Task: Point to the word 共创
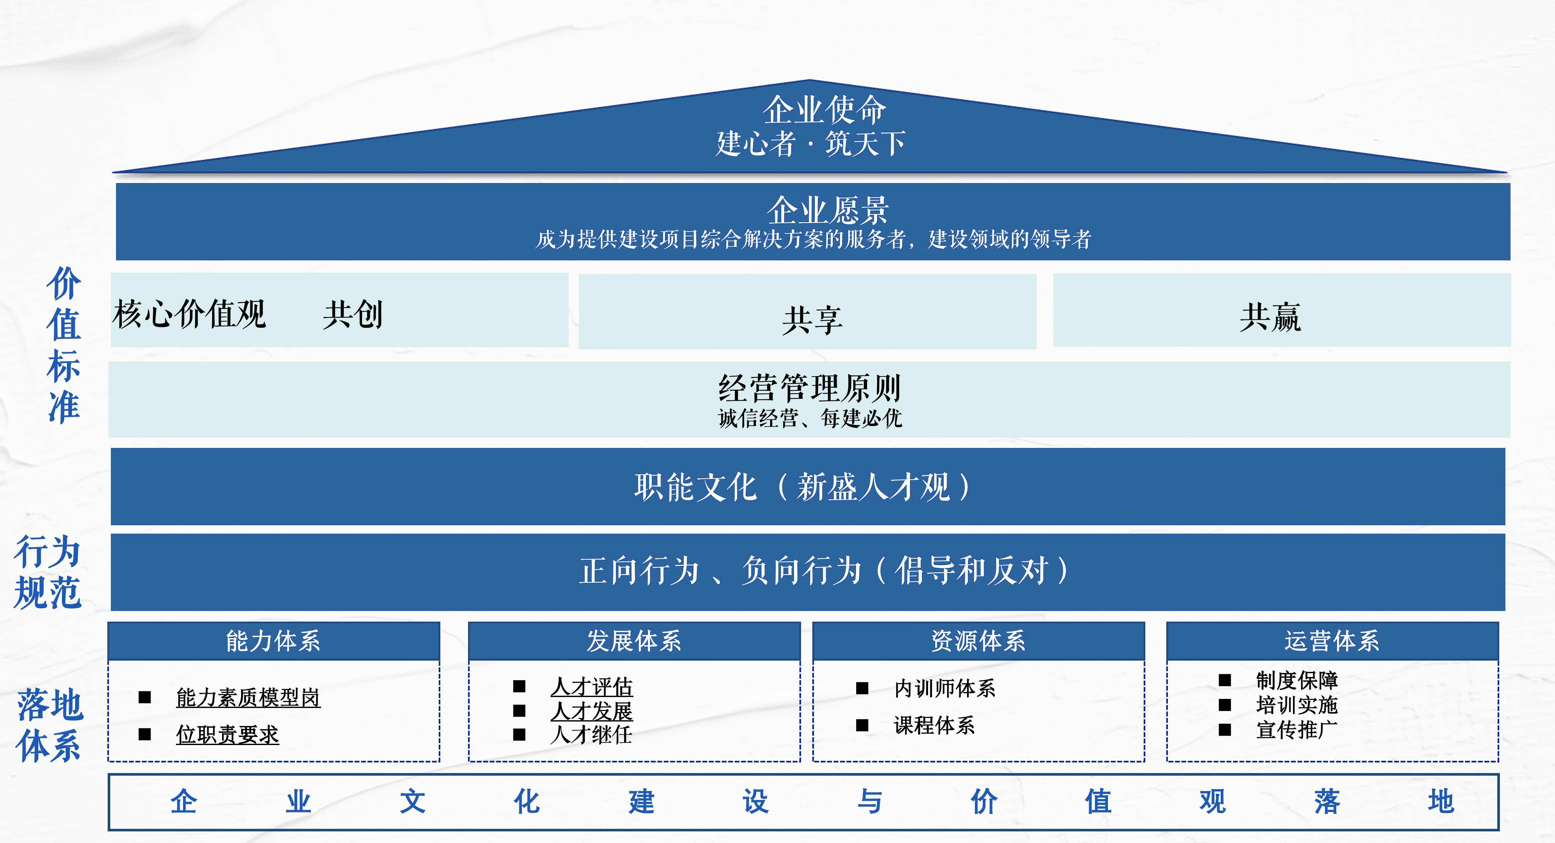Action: coord(353,315)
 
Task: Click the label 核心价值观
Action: coord(189,314)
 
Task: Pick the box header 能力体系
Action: coord(273,640)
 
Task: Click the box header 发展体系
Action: coord(634,640)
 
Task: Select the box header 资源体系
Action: coord(978,640)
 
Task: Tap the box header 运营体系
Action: coord(1332,640)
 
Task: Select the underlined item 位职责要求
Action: coord(228,734)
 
